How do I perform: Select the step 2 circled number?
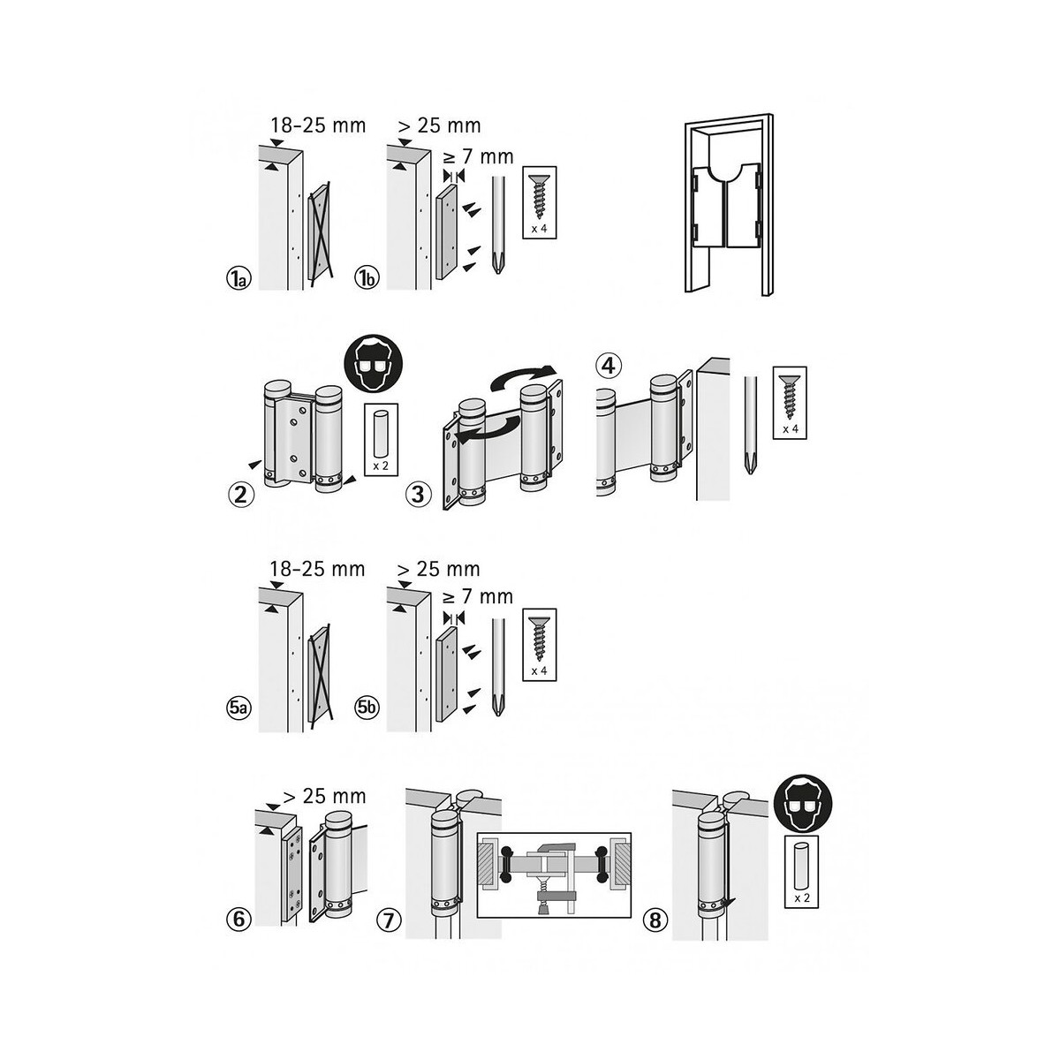click(x=240, y=494)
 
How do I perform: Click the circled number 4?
click(x=608, y=364)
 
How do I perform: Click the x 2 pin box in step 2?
click(x=382, y=440)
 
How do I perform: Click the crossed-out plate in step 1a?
click(x=319, y=231)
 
